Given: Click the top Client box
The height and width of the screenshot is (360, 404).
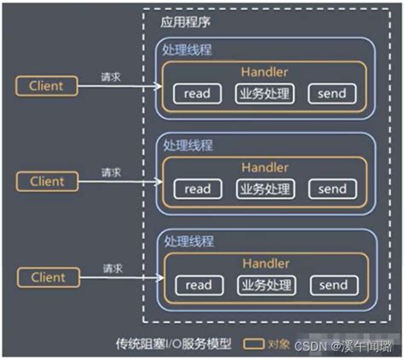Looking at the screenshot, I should pos(47,85).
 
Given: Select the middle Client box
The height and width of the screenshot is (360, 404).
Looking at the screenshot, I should pos(47,181).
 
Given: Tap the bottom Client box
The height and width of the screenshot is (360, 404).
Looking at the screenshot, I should pos(47,277).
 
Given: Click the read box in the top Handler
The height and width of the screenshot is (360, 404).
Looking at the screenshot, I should pos(197,94).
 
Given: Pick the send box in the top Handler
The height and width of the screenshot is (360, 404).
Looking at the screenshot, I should pos(332,94).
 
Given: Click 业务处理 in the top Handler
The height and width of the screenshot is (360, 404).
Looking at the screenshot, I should pos(264,94).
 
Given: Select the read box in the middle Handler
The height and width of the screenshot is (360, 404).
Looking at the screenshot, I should pos(197,189).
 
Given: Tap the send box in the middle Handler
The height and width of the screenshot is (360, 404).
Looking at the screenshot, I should pos(332,189).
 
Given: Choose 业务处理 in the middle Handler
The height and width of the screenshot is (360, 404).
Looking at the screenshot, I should pos(264,189).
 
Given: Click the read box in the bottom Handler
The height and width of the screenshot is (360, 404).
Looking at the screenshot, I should pos(197,284).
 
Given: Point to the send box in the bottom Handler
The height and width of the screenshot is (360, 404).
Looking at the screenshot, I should pos(332,284).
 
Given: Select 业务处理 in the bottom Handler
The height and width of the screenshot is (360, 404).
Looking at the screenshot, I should pos(264,284).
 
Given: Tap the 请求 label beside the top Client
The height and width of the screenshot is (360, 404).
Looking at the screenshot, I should pos(111,76).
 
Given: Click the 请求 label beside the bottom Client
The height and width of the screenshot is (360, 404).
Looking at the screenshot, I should pos(111,268).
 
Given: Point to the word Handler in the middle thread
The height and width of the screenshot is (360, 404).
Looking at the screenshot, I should pos(265,167).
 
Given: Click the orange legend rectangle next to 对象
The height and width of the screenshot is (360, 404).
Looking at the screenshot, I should pos(252,345).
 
